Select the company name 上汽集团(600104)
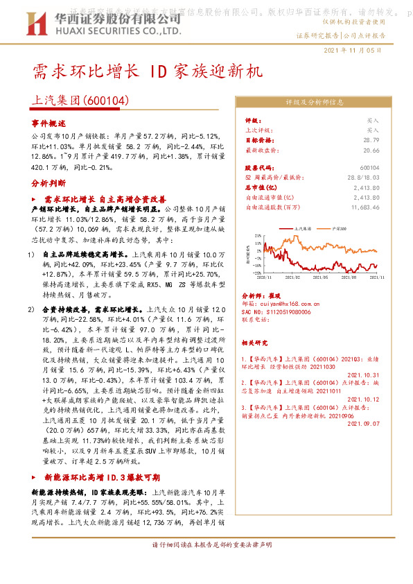click(81, 101)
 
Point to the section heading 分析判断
click(48, 184)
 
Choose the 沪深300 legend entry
click(339, 227)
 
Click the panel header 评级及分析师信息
click(315, 101)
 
